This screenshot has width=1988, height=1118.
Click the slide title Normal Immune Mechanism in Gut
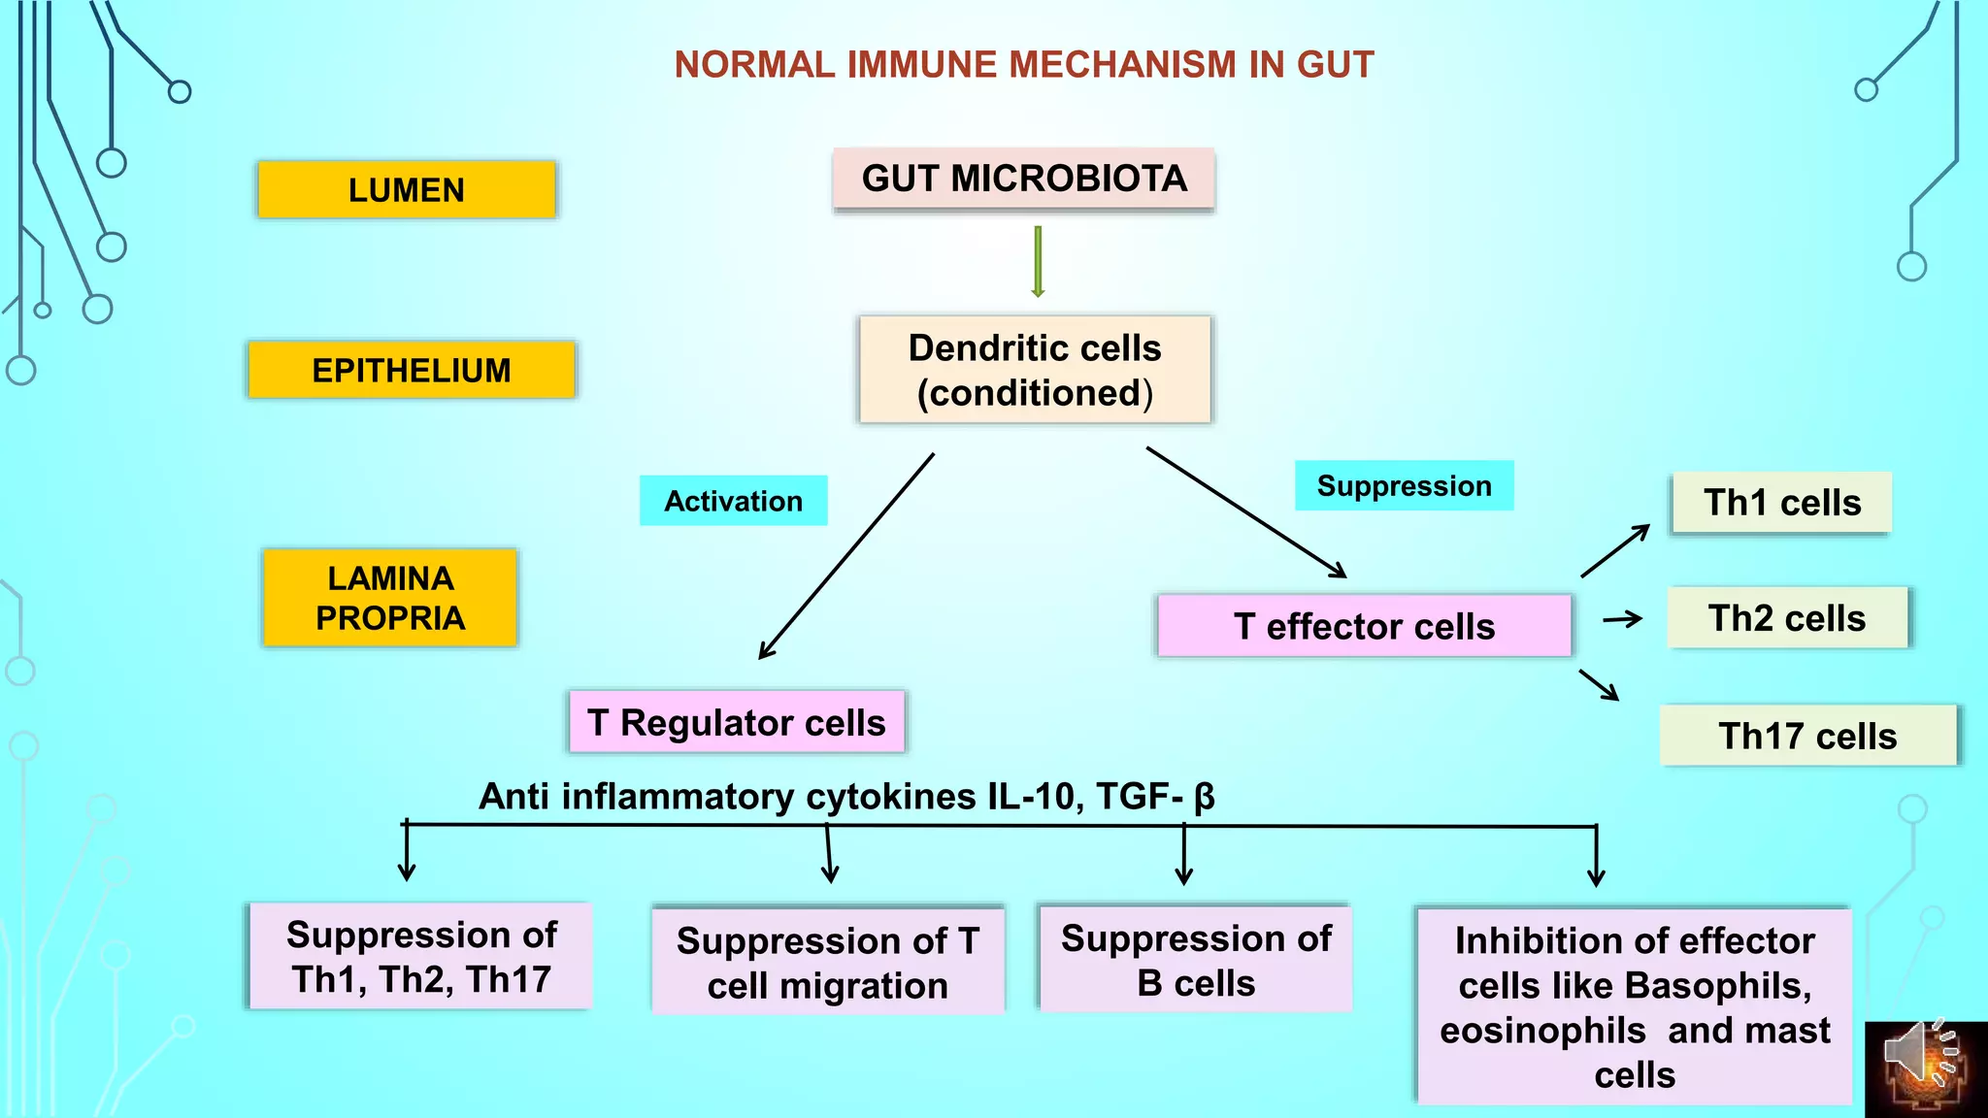pyautogui.click(x=1024, y=65)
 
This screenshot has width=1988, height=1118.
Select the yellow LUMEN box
pyautogui.click(x=407, y=189)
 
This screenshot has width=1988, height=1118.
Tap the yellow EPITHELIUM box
pyautogui.click(x=412, y=370)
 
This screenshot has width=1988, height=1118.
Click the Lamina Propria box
pyautogui.click(x=390, y=598)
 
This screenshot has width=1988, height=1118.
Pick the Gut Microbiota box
pyautogui.click(x=1024, y=179)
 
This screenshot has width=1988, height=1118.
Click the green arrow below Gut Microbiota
pyautogui.click(x=1038, y=262)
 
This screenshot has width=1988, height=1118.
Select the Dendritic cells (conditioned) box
pyautogui.click(x=1035, y=370)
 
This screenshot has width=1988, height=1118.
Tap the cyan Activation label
pyautogui.click(x=733, y=501)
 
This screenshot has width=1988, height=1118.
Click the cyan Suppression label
pyautogui.click(x=1404, y=485)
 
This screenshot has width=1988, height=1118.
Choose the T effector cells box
pyautogui.click(x=1364, y=626)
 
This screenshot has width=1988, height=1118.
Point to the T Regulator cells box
pyautogui.click(x=737, y=722)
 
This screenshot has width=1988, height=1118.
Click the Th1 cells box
pyautogui.click(x=1782, y=503)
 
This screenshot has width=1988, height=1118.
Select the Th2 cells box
pyautogui.click(x=1787, y=618)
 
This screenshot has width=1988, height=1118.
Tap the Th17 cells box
pyautogui.click(x=1807, y=736)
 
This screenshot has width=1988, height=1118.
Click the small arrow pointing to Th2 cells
pyautogui.click(x=1622, y=619)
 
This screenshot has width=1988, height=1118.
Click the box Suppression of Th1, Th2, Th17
pyautogui.click(x=421, y=957)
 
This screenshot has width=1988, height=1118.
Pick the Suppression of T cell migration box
pyautogui.click(x=828, y=962)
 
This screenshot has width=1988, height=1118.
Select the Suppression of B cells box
pyautogui.click(x=1196, y=960)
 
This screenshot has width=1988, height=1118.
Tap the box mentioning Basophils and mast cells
pyautogui.click(x=1635, y=1006)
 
